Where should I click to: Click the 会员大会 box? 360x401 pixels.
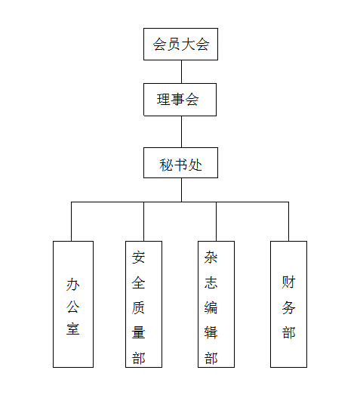[x=180, y=45]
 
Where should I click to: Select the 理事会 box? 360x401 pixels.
[x=180, y=100]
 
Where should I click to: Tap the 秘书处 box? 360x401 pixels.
[x=180, y=162]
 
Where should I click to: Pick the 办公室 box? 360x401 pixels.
[x=73, y=304]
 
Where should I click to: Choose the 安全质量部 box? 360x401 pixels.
[x=143, y=304]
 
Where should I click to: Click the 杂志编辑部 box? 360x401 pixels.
[x=216, y=304]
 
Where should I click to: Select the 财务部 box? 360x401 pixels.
[x=289, y=304]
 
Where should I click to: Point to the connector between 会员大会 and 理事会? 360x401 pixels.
[x=181, y=72]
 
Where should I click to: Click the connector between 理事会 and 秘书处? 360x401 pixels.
[x=181, y=131]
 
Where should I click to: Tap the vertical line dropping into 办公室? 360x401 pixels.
[x=71, y=221]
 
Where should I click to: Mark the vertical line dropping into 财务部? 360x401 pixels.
[x=289, y=221]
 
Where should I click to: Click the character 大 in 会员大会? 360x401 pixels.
[x=188, y=45]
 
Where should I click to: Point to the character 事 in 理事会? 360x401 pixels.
[x=178, y=100]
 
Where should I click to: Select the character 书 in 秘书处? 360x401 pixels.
[x=180, y=165]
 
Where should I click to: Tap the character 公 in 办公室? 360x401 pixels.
[x=72, y=307]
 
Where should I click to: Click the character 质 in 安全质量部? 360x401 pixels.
[x=138, y=307]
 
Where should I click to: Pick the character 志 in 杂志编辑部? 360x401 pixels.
[x=211, y=282]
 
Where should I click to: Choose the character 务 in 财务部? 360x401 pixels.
[x=288, y=307]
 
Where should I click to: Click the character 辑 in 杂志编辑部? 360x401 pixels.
[x=211, y=332]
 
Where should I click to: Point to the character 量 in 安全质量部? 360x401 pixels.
[x=138, y=332]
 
